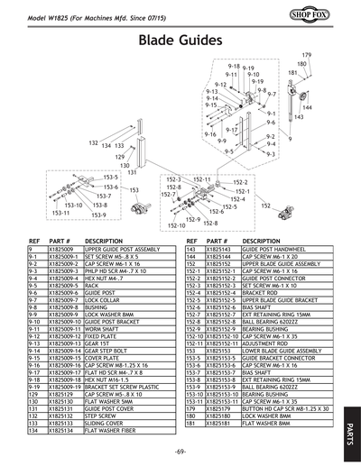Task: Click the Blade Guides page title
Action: click(180, 41)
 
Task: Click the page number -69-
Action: click(180, 450)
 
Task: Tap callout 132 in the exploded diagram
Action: click(93, 143)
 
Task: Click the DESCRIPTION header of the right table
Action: click(262, 242)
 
